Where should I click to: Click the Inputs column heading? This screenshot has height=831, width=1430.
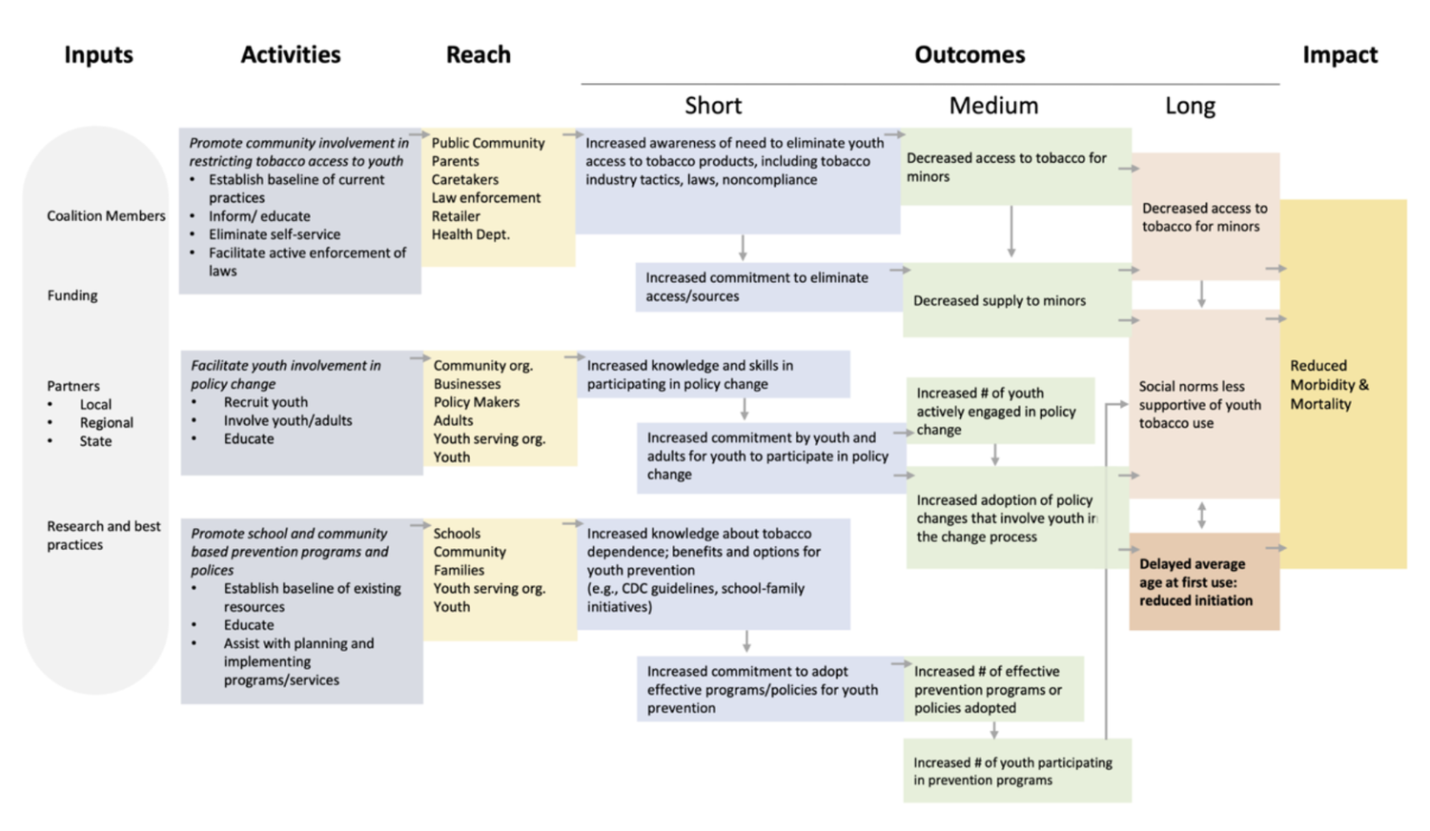(x=98, y=55)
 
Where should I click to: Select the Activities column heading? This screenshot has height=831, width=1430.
(x=290, y=55)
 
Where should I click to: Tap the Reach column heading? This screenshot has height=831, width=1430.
(x=478, y=55)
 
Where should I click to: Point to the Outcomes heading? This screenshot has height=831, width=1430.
(x=969, y=55)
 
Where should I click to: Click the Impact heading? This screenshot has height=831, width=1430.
(x=1339, y=55)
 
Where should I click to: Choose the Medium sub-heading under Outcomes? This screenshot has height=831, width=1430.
(x=992, y=106)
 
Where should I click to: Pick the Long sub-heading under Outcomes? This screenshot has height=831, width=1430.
(x=1190, y=106)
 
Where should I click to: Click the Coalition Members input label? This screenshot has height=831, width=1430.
(x=106, y=216)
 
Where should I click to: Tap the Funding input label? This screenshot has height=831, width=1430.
(x=72, y=295)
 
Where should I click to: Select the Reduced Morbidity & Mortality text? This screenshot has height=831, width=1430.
(x=1329, y=384)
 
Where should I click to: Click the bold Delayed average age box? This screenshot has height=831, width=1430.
(x=1203, y=582)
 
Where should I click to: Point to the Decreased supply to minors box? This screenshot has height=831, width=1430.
(x=999, y=301)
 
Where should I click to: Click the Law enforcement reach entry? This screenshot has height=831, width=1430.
(x=485, y=198)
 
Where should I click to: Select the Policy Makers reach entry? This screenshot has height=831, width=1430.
(x=476, y=402)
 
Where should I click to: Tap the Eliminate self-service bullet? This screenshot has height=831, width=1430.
(x=274, y=234)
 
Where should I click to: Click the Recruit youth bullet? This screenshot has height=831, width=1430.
(x=265, y=402)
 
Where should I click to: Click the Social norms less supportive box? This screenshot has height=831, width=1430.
(x=1199, y=405)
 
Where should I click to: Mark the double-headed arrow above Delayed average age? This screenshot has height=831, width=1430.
(x=1201, y=516)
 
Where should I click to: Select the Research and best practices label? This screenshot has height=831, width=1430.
(x=104, y=536)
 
